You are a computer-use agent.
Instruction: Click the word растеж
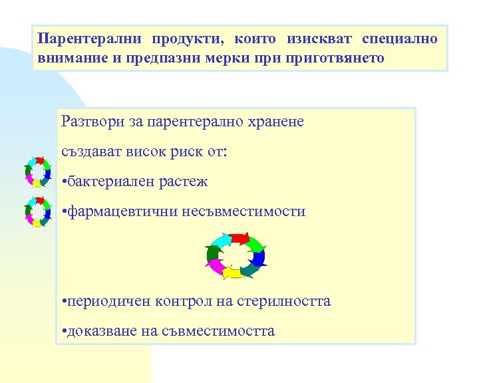(x=185, y=182)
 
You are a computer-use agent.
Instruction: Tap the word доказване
(x=99, y=331)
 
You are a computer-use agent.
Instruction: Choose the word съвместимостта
(x=218, y=331)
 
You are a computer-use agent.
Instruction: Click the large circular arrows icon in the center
(x=236, y=255)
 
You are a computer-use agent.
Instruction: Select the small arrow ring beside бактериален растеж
(x=37, y=171)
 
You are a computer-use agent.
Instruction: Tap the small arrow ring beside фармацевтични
(x=37, y=211)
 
